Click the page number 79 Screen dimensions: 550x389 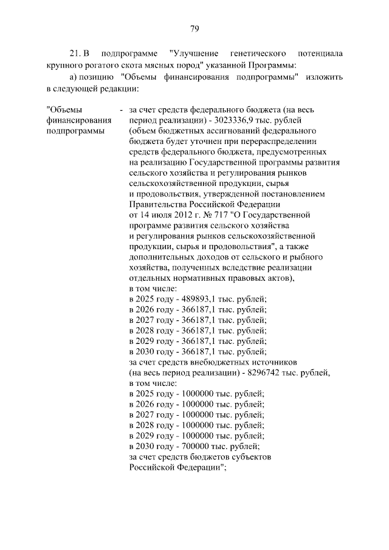point(194,29)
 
